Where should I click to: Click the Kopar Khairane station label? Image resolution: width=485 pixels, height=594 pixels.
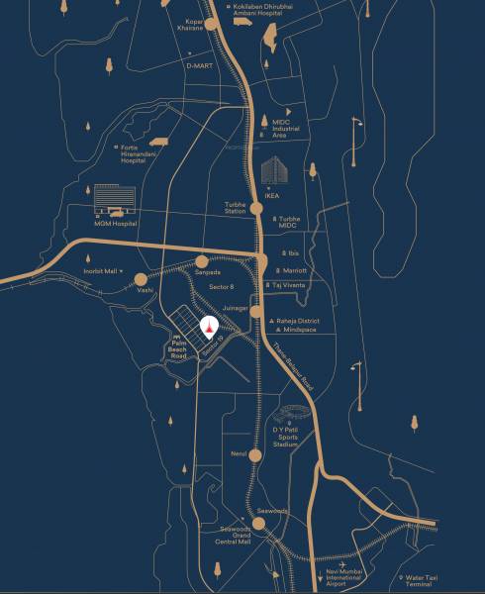(189, 25)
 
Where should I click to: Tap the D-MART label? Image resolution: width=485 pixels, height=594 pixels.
(199, 65)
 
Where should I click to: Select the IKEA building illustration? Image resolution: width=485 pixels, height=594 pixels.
(273, 170)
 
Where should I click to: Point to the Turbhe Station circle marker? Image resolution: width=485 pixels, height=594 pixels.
(256, 209)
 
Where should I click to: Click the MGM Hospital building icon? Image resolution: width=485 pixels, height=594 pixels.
(111, 202)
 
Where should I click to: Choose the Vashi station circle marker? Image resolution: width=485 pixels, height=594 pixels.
(142, 279)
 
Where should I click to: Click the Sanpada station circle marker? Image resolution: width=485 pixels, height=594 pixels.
(202, 261)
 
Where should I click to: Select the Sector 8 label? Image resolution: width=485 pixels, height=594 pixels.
(222, 286)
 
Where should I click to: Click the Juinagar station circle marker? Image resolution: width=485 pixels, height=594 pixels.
(256, 311)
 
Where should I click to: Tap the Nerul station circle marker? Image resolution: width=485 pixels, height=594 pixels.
(255, 455)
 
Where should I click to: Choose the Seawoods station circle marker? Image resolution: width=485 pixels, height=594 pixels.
(258, 523)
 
